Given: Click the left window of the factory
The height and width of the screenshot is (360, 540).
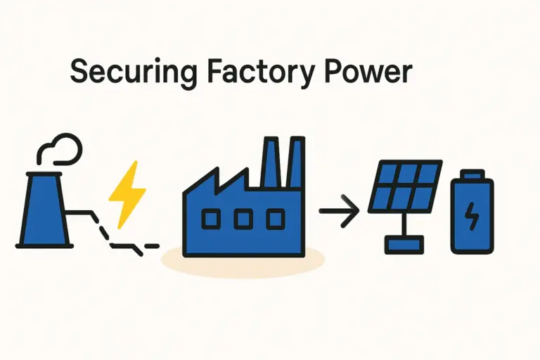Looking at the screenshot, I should pos(210,220).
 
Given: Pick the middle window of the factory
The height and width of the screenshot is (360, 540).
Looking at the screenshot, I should pos(243,220).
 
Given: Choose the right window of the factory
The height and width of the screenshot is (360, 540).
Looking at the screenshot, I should pos(276,220).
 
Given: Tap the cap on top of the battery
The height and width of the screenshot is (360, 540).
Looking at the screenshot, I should pos(472,173).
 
